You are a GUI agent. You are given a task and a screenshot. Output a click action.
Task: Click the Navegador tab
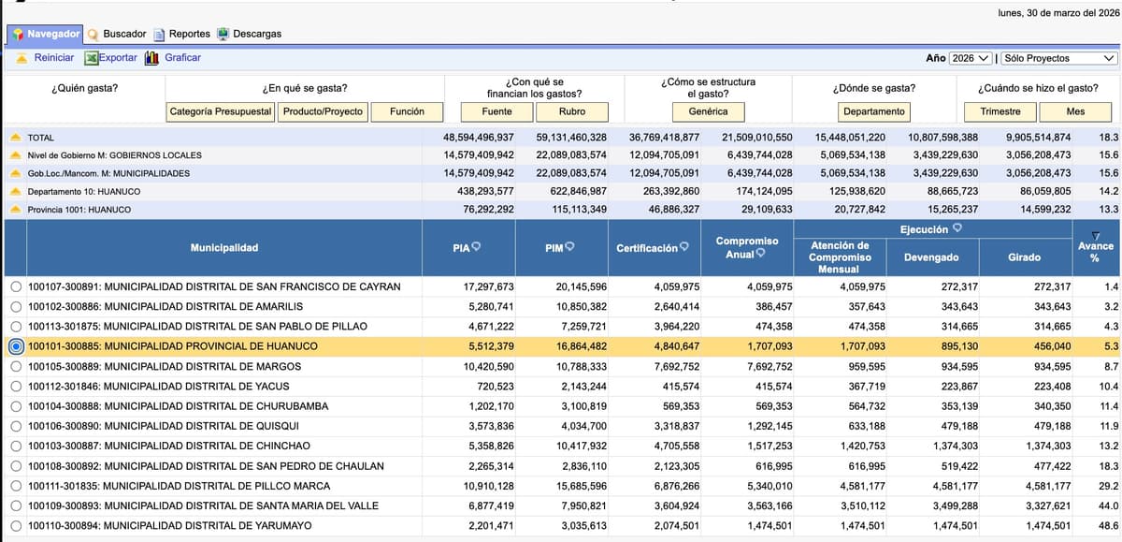coord(46,34)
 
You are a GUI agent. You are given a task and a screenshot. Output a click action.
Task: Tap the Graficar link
coord(182,58)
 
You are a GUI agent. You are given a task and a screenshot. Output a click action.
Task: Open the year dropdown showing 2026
coord(971,58)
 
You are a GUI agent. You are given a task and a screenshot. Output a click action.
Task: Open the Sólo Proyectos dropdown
coord(1058,58)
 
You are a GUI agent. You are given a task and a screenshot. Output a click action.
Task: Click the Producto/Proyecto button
coord(323,111)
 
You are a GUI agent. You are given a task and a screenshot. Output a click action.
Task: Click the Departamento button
coord(873,111)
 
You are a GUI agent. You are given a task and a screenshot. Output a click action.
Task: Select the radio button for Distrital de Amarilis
coord(15,307)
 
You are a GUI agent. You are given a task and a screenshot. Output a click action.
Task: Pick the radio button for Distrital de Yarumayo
coord(15,526)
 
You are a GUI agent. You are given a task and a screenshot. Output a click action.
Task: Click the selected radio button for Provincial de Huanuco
coord(15,346)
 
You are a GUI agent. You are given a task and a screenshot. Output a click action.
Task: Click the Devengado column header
coord(932,257)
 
